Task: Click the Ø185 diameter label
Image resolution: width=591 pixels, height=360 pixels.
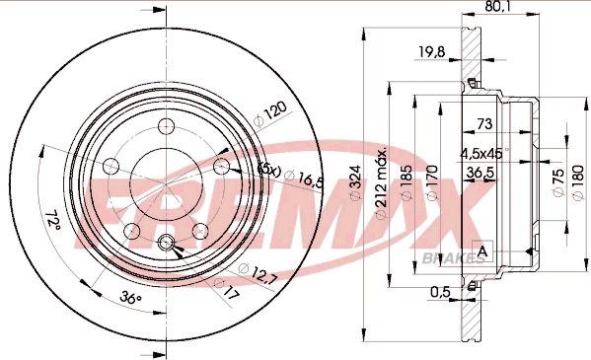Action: [406, 181]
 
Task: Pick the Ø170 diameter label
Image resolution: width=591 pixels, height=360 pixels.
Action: [431, 181]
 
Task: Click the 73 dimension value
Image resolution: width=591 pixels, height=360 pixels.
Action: [484, 124]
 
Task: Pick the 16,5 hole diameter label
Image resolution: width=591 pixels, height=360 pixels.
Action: [311, 180]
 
